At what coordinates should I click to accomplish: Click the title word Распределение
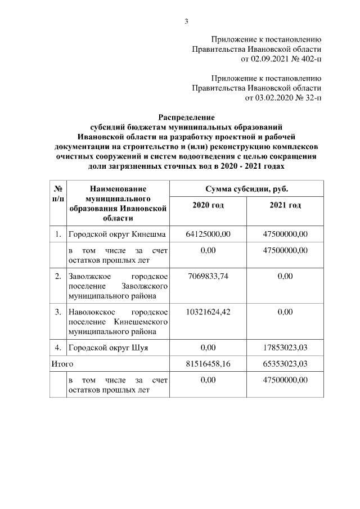click(x=186, y=118)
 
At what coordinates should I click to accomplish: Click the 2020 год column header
click(x=208, y=205)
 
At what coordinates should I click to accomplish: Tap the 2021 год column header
click(x=285, y=205)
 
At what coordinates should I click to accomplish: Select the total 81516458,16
click(x=208, y=364)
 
